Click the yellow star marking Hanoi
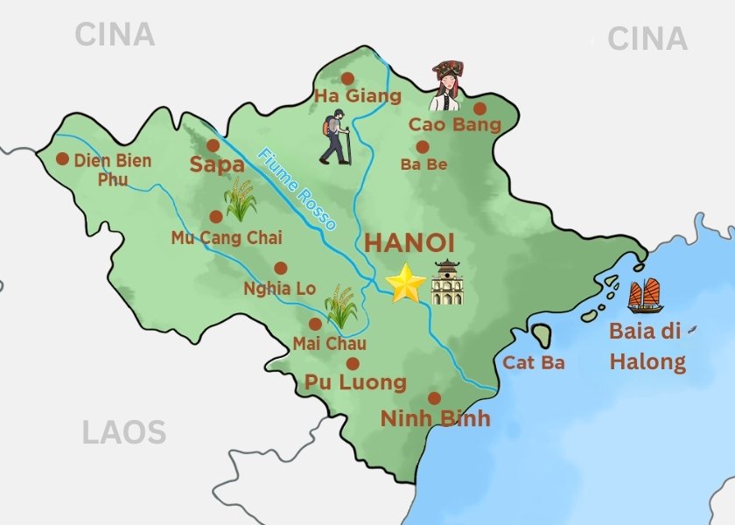click(406, 283)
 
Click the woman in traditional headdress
click(447, 86)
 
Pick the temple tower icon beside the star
click(447, 283)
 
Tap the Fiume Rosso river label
click(297, 189)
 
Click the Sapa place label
click(216, 165)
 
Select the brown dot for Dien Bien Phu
click(62, 159)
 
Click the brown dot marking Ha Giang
click(347, 78)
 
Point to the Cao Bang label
click(454, 124)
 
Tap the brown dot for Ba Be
click(422, 147)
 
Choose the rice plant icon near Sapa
click(241, 199)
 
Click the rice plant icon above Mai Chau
click(340, 306)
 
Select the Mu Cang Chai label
click(213, 236)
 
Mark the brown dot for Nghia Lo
click(280, 269)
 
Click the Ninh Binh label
click(435, 418)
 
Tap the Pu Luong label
click(355, 382)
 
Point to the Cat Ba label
click(534, 362)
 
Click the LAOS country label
click(123, 432)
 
